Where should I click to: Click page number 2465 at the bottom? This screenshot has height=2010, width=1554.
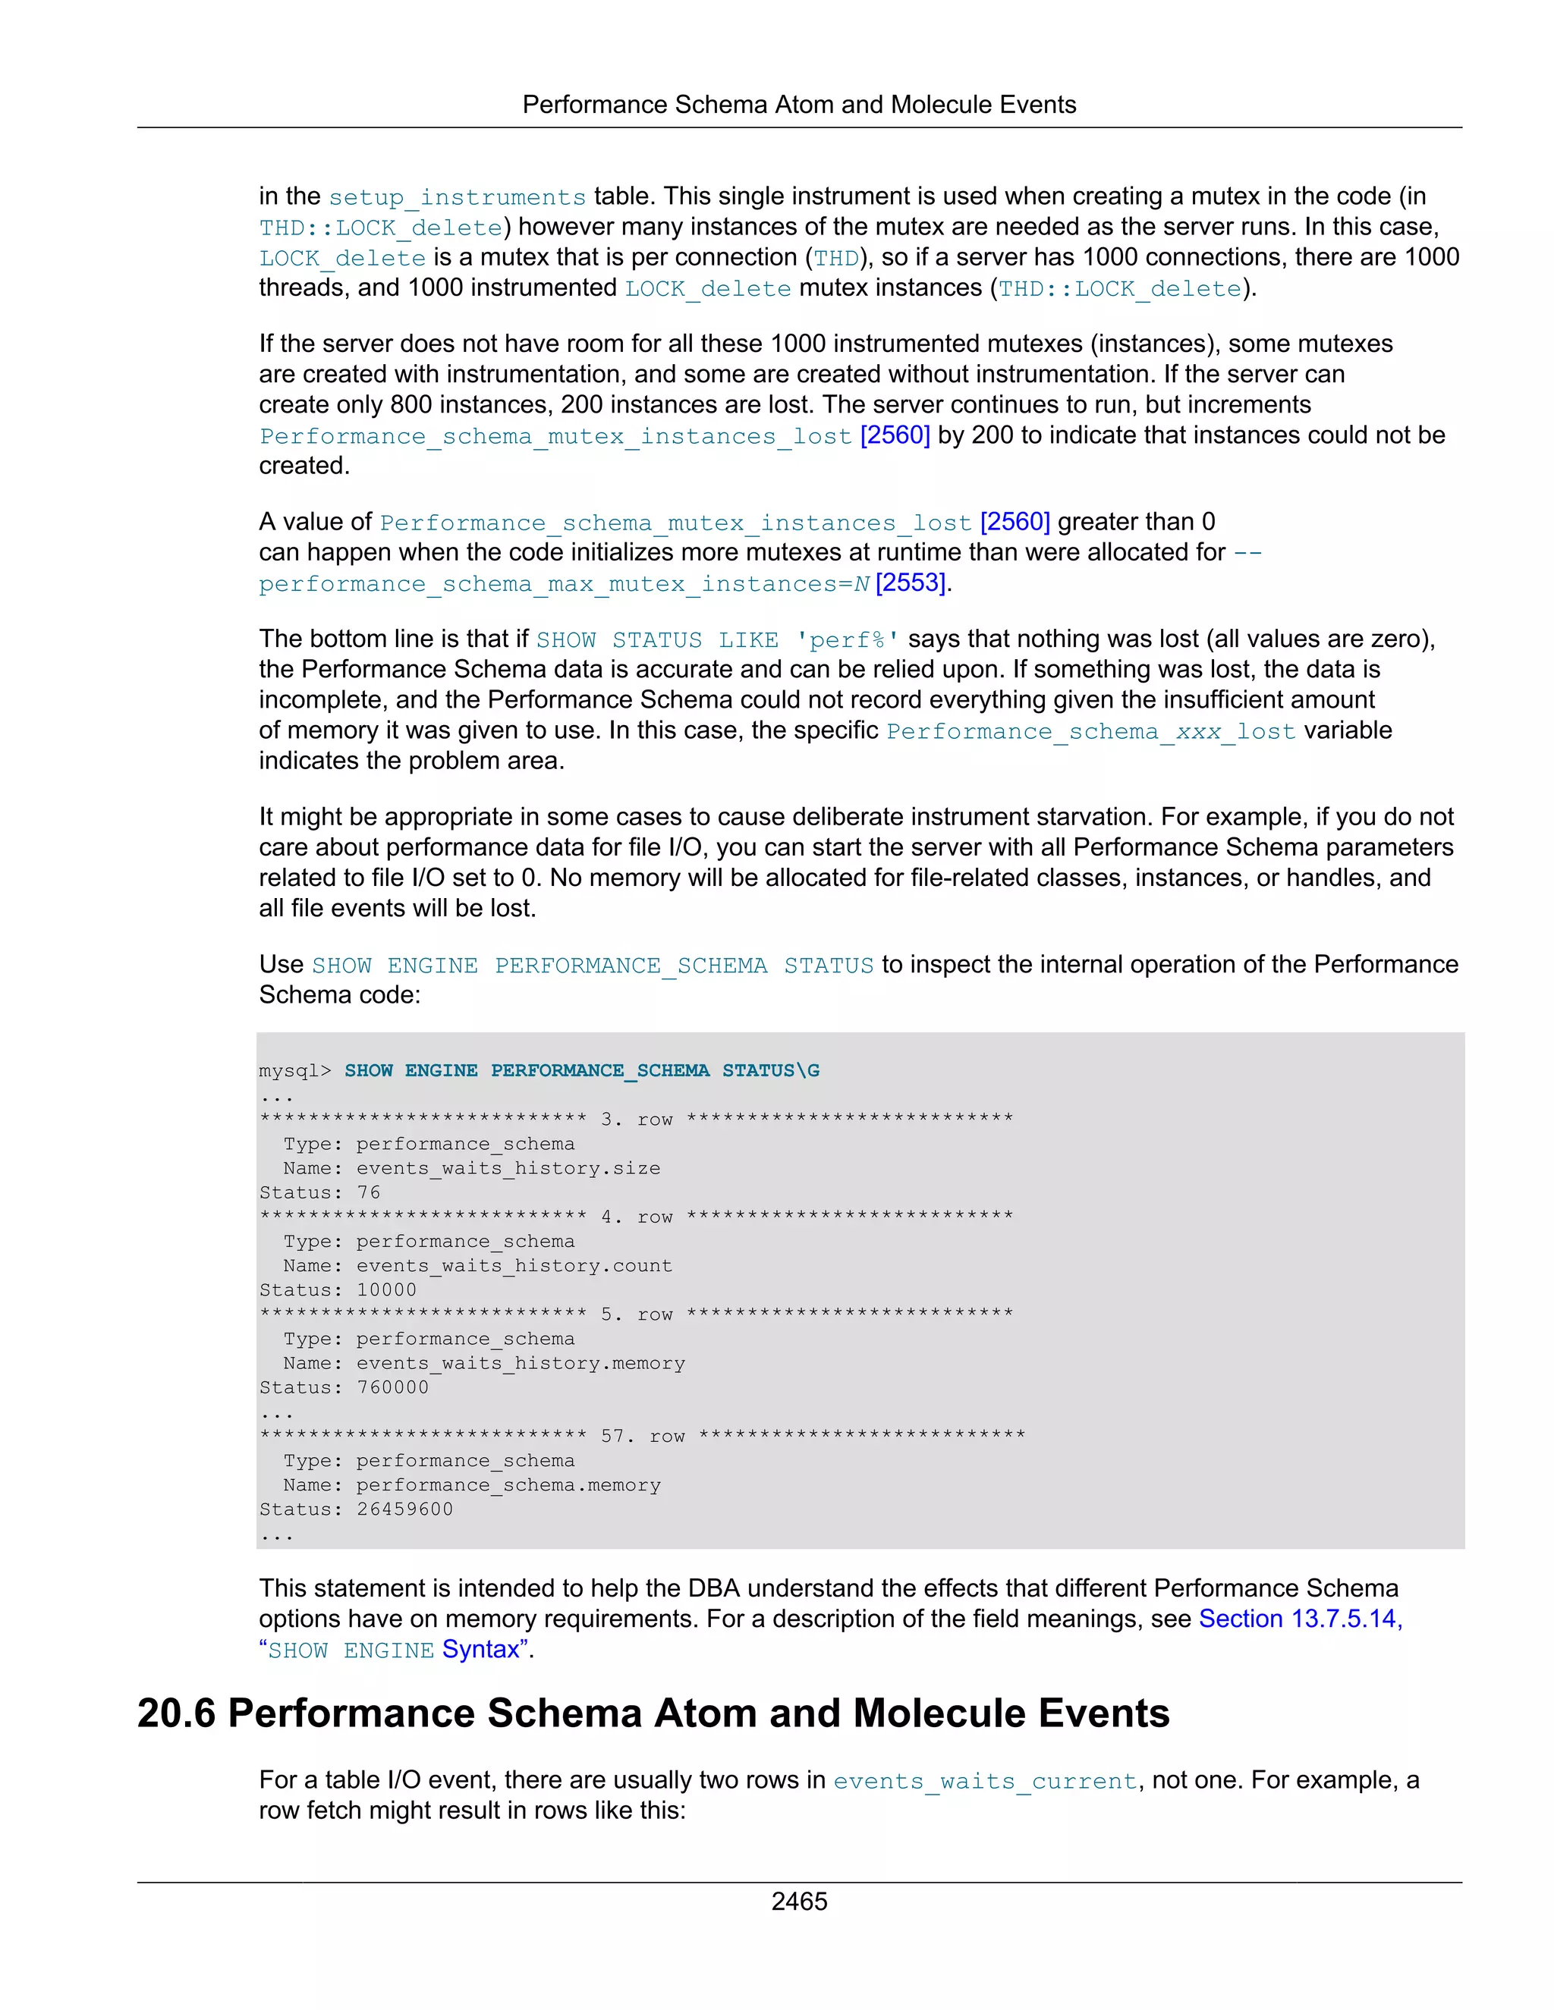(798, 1901)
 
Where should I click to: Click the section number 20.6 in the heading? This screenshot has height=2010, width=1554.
(175, 1713)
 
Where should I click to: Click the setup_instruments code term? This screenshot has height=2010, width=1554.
(457, 197)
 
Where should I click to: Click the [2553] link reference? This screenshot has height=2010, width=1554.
(911, 583)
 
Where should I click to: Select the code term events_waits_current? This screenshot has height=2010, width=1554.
(985, 1781)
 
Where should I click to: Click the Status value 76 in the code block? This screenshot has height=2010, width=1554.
(368, 1192)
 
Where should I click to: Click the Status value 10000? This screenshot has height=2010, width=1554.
(387, 1289)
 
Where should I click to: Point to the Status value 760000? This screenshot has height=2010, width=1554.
(392, 1387)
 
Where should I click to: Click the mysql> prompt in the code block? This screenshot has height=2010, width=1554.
(294, 1070)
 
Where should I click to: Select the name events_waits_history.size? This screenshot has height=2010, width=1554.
(508, 1168)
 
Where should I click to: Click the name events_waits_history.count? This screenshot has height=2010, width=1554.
(514, 1265)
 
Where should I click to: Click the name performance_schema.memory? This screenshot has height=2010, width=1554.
(508, 1484)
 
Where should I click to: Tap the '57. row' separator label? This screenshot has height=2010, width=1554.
(643, 1436)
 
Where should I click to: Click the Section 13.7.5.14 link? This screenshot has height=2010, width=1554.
(1299, 1618)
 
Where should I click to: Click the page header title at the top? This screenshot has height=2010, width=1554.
(798, 105)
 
